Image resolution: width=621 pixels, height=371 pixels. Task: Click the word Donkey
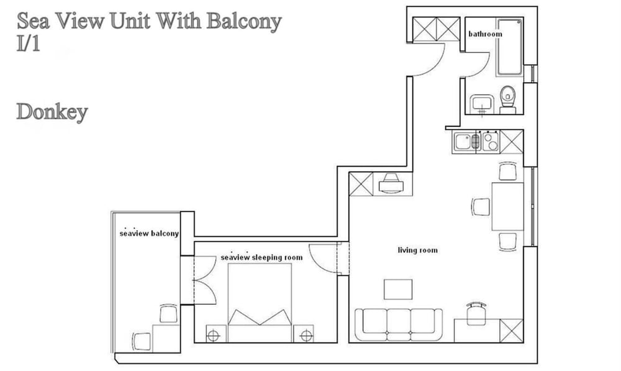pos(52,112)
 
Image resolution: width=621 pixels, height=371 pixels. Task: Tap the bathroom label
pos(484,34)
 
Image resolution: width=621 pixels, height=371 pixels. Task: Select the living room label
pos(417,250)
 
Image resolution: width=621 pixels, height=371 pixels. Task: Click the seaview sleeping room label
pos(261,257)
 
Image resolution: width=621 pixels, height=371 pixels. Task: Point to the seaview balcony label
pos(149,234)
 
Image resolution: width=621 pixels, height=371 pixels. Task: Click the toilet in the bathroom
pos(508,99)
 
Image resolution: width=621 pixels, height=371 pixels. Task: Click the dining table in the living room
pos(507,206)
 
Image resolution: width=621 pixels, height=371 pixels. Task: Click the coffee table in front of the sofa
pos(397,289)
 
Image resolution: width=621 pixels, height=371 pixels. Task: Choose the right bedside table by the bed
pos(304,334)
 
